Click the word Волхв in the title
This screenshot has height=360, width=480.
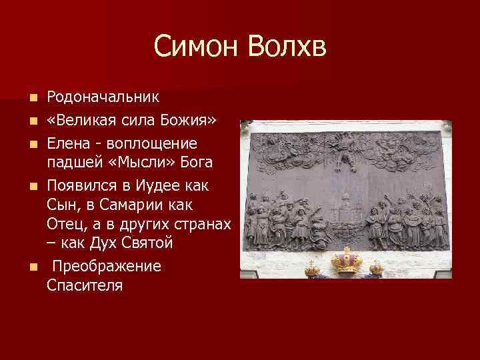pos(287,47)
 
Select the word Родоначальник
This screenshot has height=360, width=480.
pos(103,97)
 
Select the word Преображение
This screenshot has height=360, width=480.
pos(107,266)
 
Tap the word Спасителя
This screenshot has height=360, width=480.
pos(85,285)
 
